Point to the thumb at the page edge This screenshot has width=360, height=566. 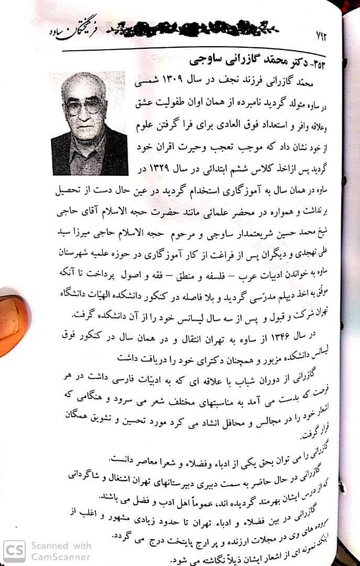(x=13, y=325)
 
